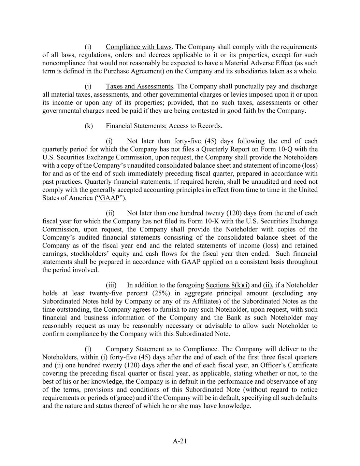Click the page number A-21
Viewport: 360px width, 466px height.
click(x=180, y=441)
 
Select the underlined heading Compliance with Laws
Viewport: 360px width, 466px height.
click(x=139, y=47)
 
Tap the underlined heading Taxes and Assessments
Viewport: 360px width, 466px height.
click(x=139, y=86)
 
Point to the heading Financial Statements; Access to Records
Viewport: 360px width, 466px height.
click(x=163, y=126)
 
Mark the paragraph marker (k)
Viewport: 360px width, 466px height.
click(x=89, y=126)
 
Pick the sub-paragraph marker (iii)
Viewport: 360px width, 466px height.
click(x=111, y=285)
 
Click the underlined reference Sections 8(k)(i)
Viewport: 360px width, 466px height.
click(x=228, y=285)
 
